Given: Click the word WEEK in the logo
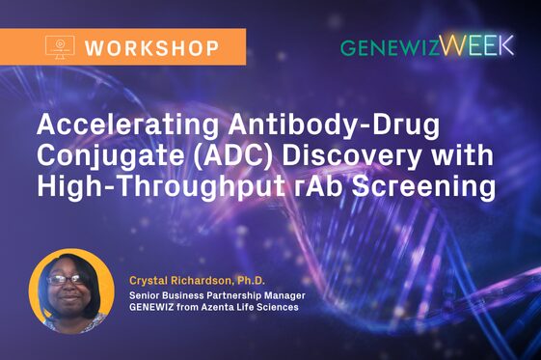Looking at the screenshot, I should (478, 45).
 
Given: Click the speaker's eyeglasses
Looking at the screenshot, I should (66, 280).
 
